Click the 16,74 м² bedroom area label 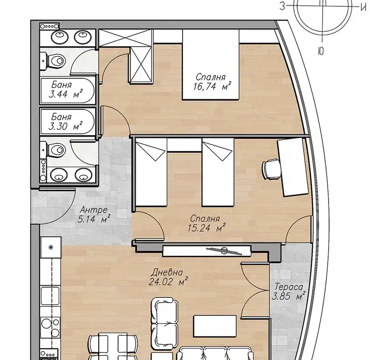point(212,87)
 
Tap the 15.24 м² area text point(206,228)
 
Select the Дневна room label point(167,272)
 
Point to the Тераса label point(289,287)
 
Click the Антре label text point(94,209)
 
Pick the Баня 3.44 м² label point(65,89)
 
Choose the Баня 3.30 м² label point(65,122)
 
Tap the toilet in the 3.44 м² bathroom point(55,61)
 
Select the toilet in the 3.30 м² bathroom point(55,150)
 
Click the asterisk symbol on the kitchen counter point(50,247)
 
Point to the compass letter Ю point(321,51)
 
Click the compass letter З point(282,6)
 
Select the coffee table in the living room point(215,326)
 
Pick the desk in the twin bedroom point(293,167)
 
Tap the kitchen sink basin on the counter point(50,296)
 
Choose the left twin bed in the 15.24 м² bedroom point(151,172)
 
